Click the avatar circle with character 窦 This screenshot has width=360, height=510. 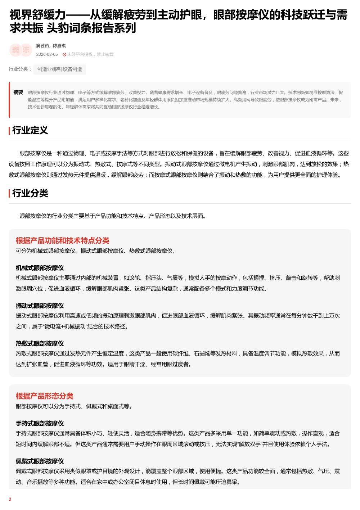pyautogui.click(x=15, y=50)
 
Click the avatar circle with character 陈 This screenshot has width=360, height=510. pyautogui.click(x=26, y=50)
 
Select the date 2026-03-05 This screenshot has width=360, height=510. pyautogui.click(x=47, y=54)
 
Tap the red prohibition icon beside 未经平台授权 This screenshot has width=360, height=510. pyautogui.click(x=64, y=55)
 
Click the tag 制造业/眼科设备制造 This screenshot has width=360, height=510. pyautogui.click(x=60, y=69)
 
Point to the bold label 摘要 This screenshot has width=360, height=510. pyautogui.click(x=18, y=92)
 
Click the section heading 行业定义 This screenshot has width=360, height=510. pyautogui.click(x=30, y=130)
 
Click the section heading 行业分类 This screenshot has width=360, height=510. pyautogui.click(x=30, y=193)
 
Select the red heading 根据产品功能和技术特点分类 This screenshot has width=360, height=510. pyautogui.click(x=62, y=240)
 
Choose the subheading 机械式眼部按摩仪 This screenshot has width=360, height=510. pyautogui.click(x=40, y=268)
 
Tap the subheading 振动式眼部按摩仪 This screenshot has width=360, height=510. pyautogui.click(x=40, y=306)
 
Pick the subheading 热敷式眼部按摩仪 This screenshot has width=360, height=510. pyautogui.click(x=40, y=343)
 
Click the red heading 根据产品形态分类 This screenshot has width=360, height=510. pyautogui.click(x=44, y=396)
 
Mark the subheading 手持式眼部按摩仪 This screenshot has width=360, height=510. pyautogui.click(x=40, y=423)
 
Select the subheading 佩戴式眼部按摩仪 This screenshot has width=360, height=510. pyautogui.click(x=40, y=461)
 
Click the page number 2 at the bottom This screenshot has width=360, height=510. pyautogui.click(x=10, y=499)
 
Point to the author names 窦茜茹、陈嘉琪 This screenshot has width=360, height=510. pyautogui.click(x=51, y=46)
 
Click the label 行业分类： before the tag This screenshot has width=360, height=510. pyautogui.click(x=20, y=69)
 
